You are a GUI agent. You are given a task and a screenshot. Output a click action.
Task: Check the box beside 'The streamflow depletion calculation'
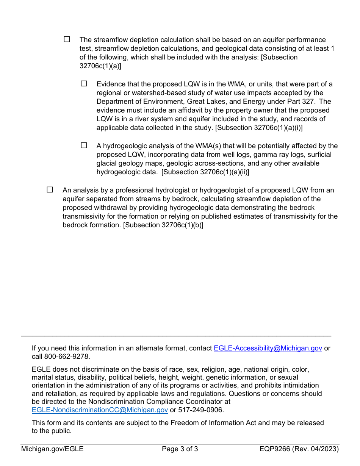coord(67,39)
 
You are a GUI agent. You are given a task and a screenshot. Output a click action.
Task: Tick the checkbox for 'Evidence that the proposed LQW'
coord(84,83)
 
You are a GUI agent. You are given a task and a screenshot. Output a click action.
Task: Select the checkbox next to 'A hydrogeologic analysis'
coord(84,145)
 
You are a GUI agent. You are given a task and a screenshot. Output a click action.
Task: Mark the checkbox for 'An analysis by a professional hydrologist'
coord(50,189)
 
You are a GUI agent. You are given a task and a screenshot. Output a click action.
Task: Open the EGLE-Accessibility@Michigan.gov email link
coord(268,348)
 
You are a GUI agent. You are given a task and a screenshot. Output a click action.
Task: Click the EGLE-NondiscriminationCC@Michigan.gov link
coord(100,410)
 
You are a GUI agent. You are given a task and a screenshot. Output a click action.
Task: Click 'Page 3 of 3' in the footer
coord(180,449)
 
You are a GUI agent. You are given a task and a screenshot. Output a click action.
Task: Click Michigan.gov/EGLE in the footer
coord(52,449)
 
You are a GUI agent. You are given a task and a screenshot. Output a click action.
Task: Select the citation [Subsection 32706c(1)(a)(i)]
coord(259,128)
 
